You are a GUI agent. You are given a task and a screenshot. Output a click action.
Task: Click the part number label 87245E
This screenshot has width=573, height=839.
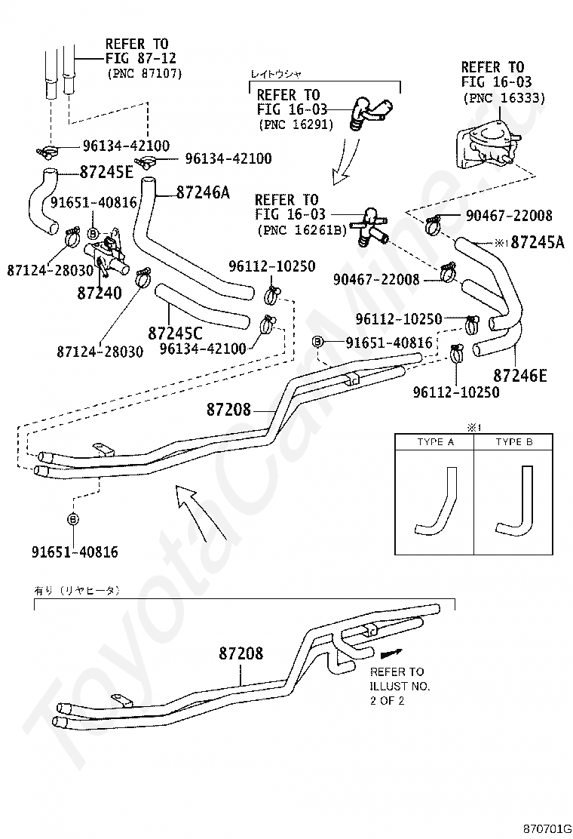106,171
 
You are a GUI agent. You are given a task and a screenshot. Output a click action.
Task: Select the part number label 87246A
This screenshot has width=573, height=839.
203,192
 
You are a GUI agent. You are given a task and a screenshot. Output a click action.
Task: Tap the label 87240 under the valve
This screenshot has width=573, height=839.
100,293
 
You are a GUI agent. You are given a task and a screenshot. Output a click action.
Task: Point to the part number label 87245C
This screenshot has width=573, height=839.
175,333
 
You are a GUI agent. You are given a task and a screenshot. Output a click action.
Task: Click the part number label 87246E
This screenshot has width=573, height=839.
520,375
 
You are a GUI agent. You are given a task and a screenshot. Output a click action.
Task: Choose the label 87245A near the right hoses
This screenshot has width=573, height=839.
537,242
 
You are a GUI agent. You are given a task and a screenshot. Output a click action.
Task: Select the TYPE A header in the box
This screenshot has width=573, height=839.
436,442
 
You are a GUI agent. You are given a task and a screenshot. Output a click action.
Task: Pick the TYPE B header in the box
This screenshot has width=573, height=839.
514,442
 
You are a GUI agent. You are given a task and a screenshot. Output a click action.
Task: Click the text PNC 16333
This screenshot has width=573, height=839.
504,98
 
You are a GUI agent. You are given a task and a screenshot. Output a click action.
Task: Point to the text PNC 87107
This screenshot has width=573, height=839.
144,73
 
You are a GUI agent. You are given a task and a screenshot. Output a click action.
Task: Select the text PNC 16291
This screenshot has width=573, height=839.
296,124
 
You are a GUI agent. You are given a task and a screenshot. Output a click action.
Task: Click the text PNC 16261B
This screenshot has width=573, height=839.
302,230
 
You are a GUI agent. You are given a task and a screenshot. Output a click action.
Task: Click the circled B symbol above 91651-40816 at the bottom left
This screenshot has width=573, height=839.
73,518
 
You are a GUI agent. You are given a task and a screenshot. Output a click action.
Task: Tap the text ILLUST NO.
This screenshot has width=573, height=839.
400,686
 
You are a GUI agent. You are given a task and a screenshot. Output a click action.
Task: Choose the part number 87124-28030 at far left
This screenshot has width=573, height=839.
51,270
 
